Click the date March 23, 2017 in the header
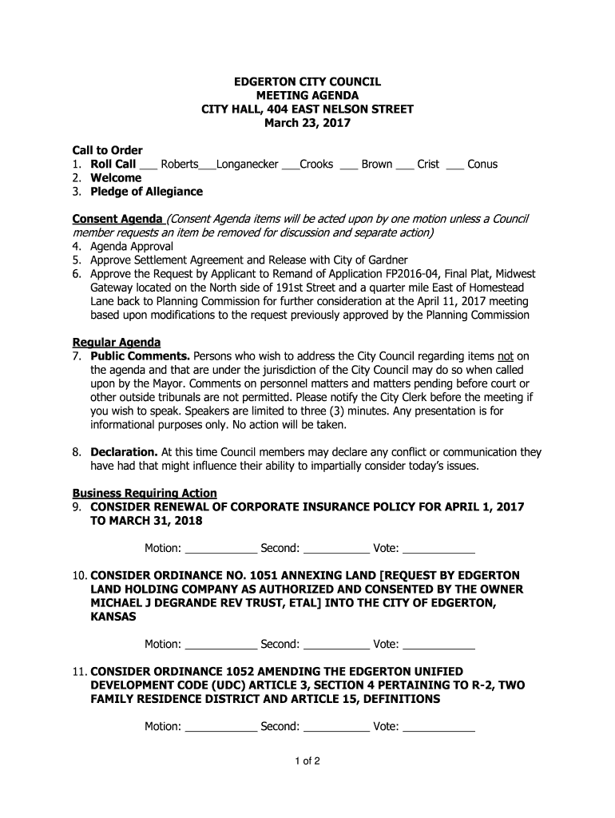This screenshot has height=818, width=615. click(x=307, y=123)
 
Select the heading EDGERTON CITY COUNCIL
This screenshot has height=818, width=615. click(x=307, y=82)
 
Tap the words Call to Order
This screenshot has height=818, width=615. click(x=108, y=150)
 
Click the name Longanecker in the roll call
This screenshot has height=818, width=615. click(x=248, y=164)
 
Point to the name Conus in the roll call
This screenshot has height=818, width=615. click(x=482, y=164)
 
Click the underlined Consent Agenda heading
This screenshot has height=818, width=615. click(x=117, y=220)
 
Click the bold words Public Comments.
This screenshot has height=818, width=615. click(x=140, y=356)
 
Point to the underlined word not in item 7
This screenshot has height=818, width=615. click(x=505, y=356)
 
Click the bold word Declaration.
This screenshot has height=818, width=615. click(x=125, y=452)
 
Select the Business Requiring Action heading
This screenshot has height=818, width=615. click(x=145, y=493)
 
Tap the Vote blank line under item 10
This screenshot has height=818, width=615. click(x=439, y=645)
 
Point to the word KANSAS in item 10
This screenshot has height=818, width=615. click(x=113, y=617)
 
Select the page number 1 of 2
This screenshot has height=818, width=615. click(x=307, y=760)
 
